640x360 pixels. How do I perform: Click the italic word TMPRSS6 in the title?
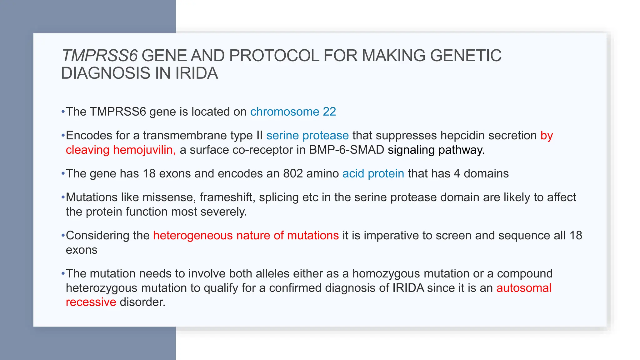click(99, 56)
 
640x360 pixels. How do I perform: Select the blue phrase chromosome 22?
click(293, 112)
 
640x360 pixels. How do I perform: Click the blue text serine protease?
click(307, 135)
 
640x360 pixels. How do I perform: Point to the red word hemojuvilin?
click(144, 150)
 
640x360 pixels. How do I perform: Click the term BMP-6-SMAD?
click(346, 150)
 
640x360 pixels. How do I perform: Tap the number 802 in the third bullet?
click(293, 173)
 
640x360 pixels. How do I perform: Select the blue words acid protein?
click(373, 173)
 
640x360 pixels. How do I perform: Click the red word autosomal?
click(524, 288)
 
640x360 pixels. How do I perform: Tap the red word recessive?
click(91, 302)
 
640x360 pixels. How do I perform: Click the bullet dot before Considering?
click(63, 236)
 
